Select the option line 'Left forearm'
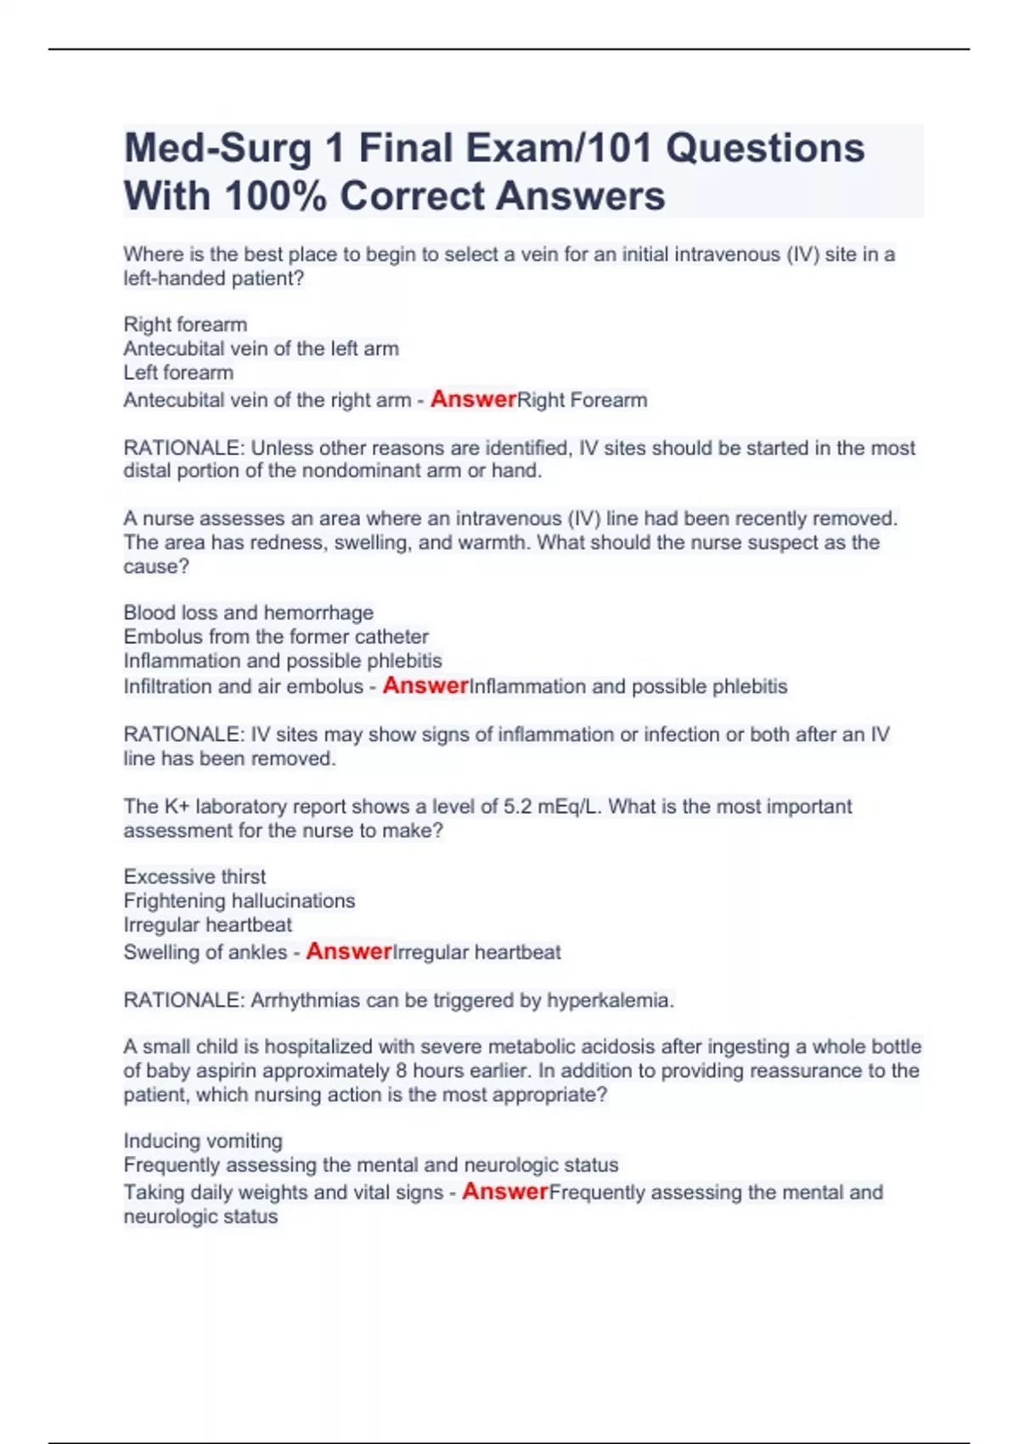tap(178, 372)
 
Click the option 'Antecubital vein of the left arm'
tap(261, 348)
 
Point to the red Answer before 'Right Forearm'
tap(473, 398)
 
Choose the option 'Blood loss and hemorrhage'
tap(248, 612)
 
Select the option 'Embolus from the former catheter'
tap(276, 636)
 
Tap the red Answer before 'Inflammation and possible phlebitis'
tap(425, 685)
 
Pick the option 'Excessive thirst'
tap(194, 877)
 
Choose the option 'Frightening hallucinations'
tap(239, 900)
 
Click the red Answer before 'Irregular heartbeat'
tap(348, 950)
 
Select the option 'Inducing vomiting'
tap(203, 1141)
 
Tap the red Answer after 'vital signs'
tap(504, 1191)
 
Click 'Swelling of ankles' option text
tap(205, 952)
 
